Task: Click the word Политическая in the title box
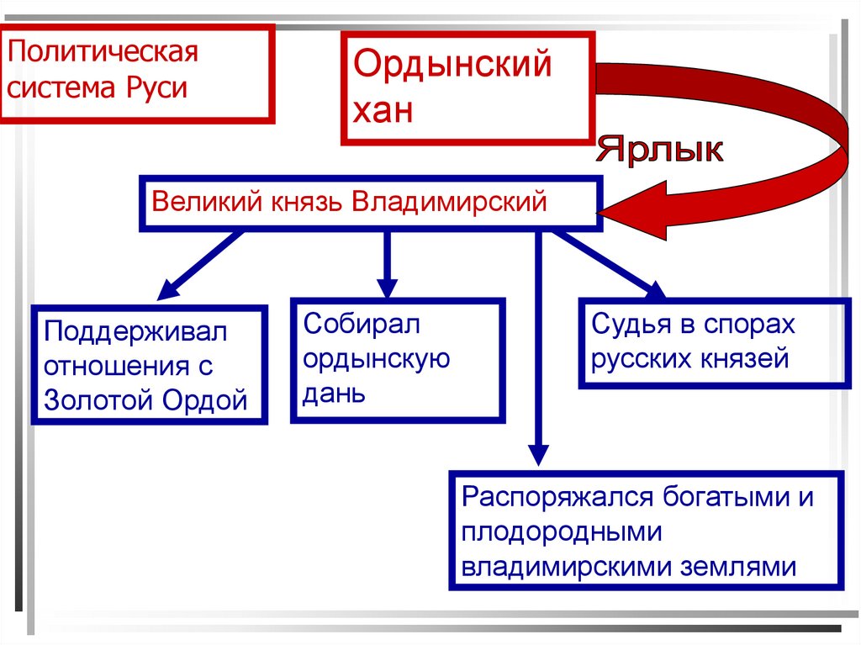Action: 103,53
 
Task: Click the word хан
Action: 383,110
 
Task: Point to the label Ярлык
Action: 659,151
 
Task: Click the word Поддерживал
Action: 136,330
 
